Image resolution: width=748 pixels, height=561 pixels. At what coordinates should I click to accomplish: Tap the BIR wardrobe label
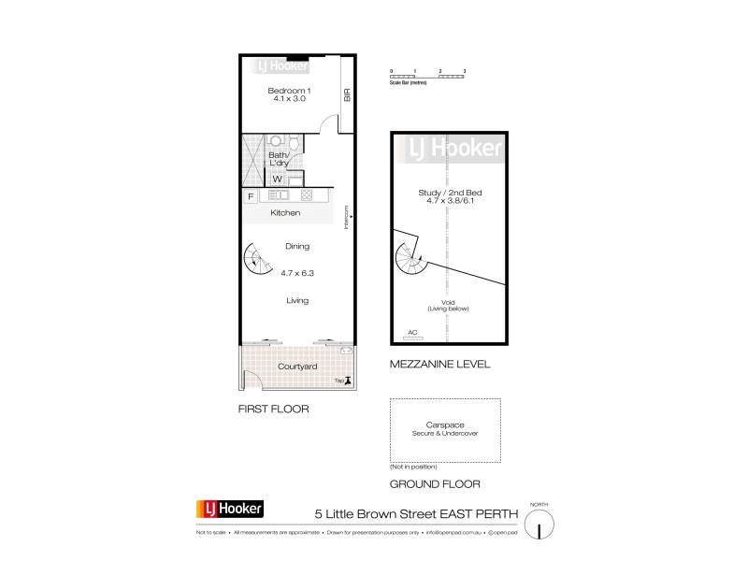[347, 95]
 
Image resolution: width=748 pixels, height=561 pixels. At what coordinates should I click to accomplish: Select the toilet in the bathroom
[293, 143]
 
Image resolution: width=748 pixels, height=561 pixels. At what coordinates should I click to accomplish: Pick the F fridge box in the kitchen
[250, 196]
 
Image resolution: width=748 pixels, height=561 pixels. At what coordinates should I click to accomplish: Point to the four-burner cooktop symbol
[306, 196]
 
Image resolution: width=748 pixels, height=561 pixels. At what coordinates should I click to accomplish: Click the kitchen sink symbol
[279, 196]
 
